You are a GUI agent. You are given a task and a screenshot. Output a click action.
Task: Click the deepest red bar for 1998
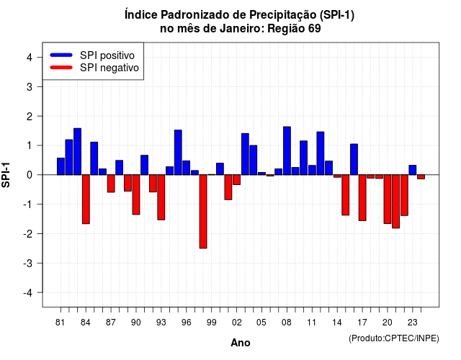pyautogui.click(x=203, y=212)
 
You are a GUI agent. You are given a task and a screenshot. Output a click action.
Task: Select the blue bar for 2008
pyautogui.click(x=287, y=150)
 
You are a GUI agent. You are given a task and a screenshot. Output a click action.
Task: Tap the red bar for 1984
pyautogui.click(x=86, y=199)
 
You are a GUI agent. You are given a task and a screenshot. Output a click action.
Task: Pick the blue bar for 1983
pyautogui.click(x=77, y=152)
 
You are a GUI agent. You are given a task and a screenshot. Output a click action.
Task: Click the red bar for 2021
pyautogui.click(x=395, y=202)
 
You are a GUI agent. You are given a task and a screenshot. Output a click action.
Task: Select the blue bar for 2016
pyautogui.click(x=354, y=159)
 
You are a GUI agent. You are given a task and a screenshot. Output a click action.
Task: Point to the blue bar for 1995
pyautogui.click(x=178, y=152)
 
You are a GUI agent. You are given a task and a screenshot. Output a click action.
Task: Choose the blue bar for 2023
pyautogui.click(x=413, y=170)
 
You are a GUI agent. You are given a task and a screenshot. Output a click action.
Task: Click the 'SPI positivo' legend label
pyautogui.click(x=107, y=55)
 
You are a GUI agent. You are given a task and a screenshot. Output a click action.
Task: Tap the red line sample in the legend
pyautogui.click(x=61, y=67)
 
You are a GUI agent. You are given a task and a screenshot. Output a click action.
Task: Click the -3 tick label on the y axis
pyautogui.click(x=27, y=264)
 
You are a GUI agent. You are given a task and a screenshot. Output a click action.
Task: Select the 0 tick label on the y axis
pyautogui.click(x=30, y=175)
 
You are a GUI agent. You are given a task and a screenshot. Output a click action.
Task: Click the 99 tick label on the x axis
pyautogui.click(x=211, y=323)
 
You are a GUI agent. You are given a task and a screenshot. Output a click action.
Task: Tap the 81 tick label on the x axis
pyautogui.click(x=60, y=323)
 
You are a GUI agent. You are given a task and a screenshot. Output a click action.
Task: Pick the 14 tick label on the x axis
pyautogui.click(x=337, y=323)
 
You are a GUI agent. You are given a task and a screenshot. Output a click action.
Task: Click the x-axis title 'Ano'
pyautogui.click(x=241, y=343)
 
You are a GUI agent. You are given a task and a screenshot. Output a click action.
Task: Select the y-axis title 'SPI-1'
pyautogui.click(x=6, y=175)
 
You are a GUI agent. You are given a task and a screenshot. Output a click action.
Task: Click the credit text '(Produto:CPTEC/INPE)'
pyautogui.click(x=394, y=338)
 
